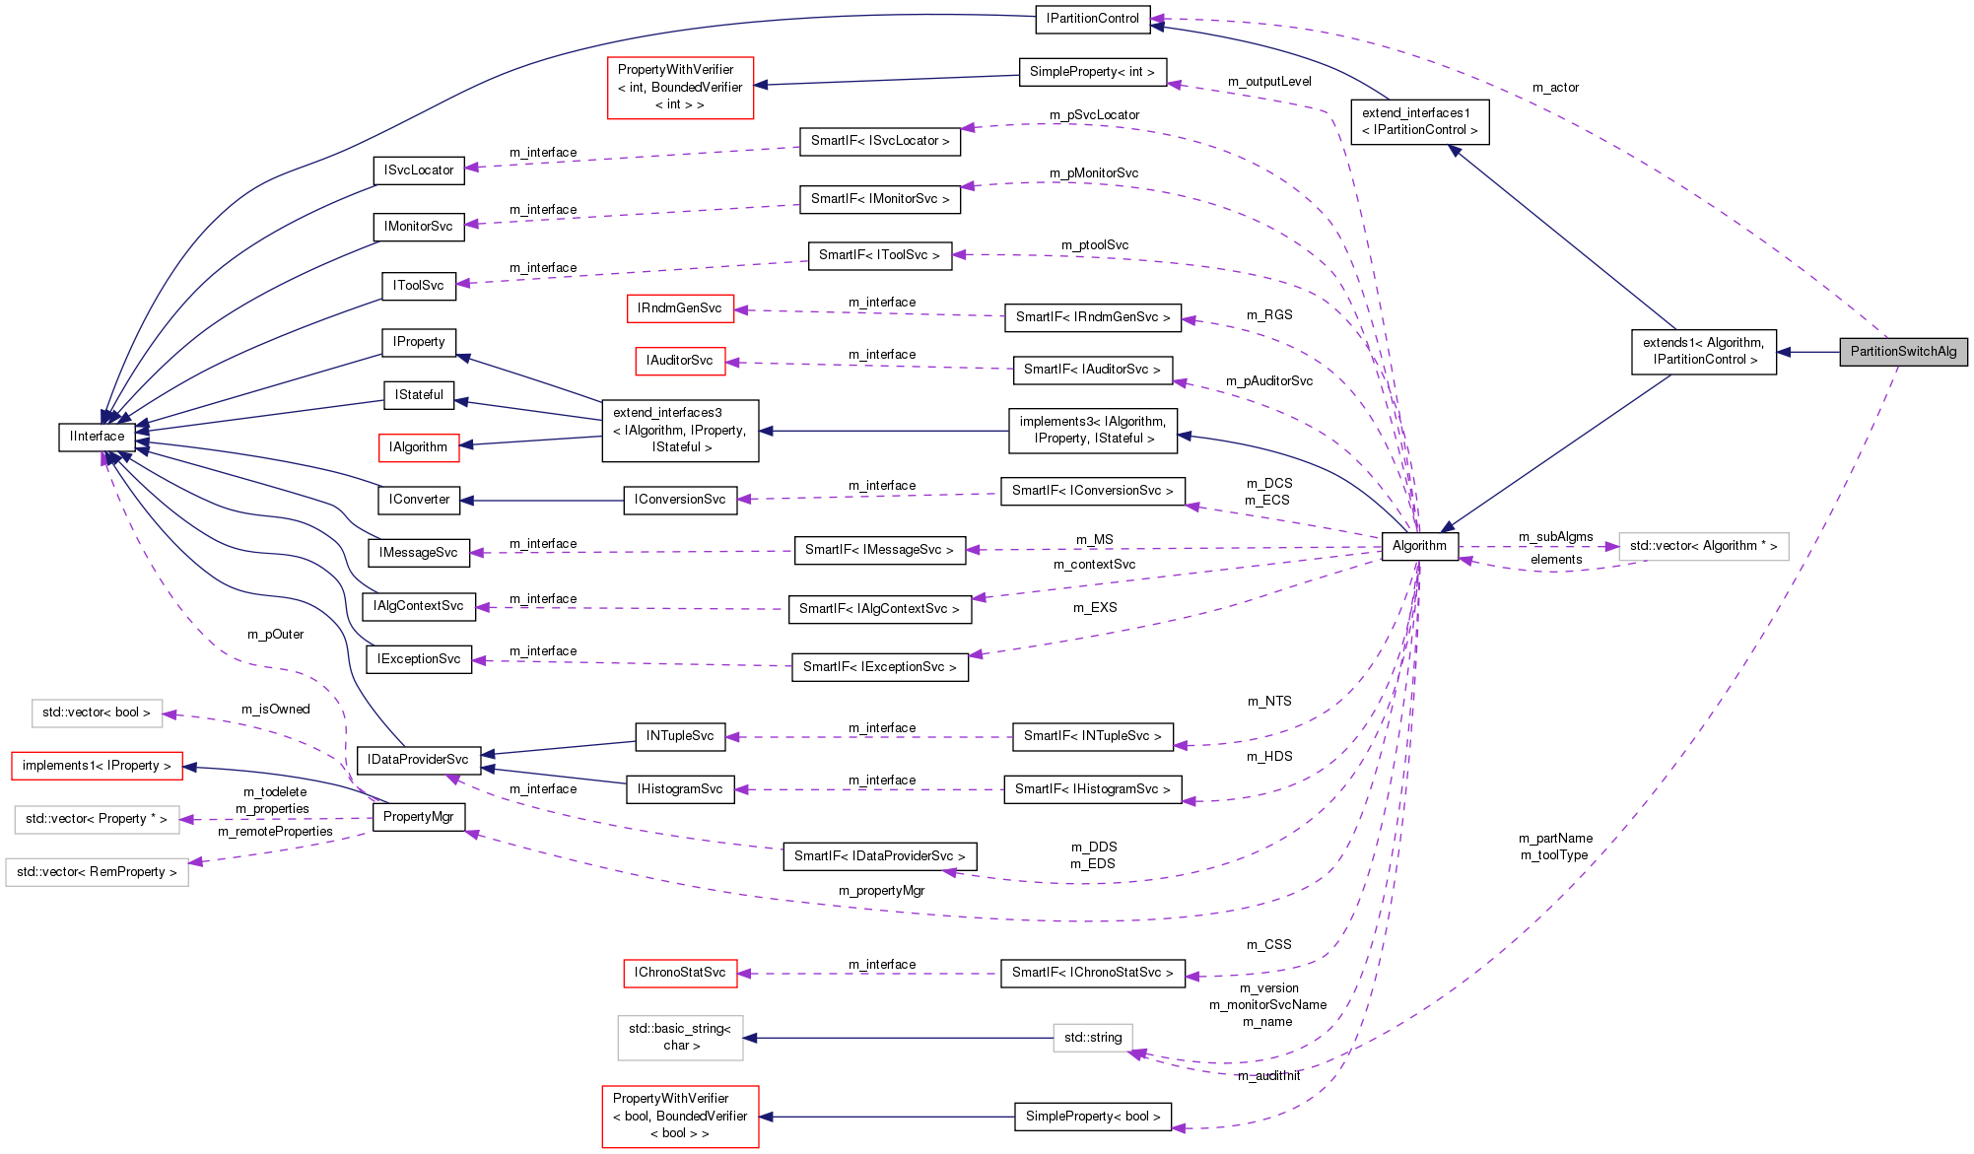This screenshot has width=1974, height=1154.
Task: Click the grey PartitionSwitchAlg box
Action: tap(1902, 352)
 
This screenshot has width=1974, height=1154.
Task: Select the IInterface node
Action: tap(97, 437)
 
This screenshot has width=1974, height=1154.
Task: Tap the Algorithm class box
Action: tap(1419, 546)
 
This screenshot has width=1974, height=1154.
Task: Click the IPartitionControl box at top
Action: tap(1092, 19)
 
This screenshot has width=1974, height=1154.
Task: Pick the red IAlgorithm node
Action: tap(419, 447)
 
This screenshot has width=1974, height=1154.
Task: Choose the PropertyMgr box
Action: tap(418, 817)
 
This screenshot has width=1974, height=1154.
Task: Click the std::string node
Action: tap(1093, 1038)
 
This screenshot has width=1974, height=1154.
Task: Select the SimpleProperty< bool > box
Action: tap(1092, 1117)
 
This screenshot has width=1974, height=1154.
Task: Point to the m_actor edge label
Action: tap(1555, 88)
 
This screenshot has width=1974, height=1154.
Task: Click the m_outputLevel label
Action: tap(1269, 82)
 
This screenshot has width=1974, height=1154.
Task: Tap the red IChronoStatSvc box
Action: tap(680, 973)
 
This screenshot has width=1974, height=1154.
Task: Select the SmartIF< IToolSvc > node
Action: tap(879, 255)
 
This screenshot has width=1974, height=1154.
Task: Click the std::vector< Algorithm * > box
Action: tap(1703, 546)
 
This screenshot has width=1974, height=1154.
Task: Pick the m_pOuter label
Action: tap(275, 635)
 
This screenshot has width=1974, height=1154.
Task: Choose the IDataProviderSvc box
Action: tap(418, 760)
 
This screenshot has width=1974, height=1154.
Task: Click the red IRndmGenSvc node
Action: tap(680, 308)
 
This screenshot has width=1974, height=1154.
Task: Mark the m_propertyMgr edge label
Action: tap(881, 891)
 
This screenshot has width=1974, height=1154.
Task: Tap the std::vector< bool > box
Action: tap(97, 713)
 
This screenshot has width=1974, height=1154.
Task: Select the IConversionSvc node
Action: tap(680, 500)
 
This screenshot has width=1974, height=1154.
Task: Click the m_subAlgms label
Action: tap(1555, 537)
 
